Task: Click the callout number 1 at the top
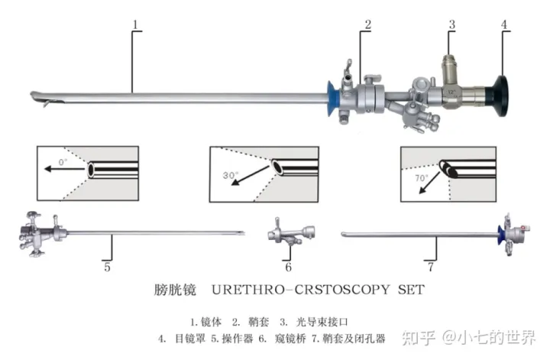pyautogui.click(x=135, y=24)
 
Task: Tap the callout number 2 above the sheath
pyautogui.click(x=367, y=24)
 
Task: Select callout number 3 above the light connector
pyautogui.click(x=451, y=24)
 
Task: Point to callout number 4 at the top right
pyautogui.click(x=504, y=24)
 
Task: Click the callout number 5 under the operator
pyautogui.click(x=108, y=267)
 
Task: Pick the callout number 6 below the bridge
pyautogui.click(x=288, y=267)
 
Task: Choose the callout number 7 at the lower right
pyautogui.click(x=431, y=267)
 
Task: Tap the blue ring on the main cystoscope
pyautogui.click(x=334, y=99)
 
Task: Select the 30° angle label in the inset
pyautogui.click(x=231, y=174)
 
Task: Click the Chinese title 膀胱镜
pyautogui.click(x=176, y=290)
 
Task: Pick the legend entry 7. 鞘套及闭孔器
pyautogui.click(x=351, y=337)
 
